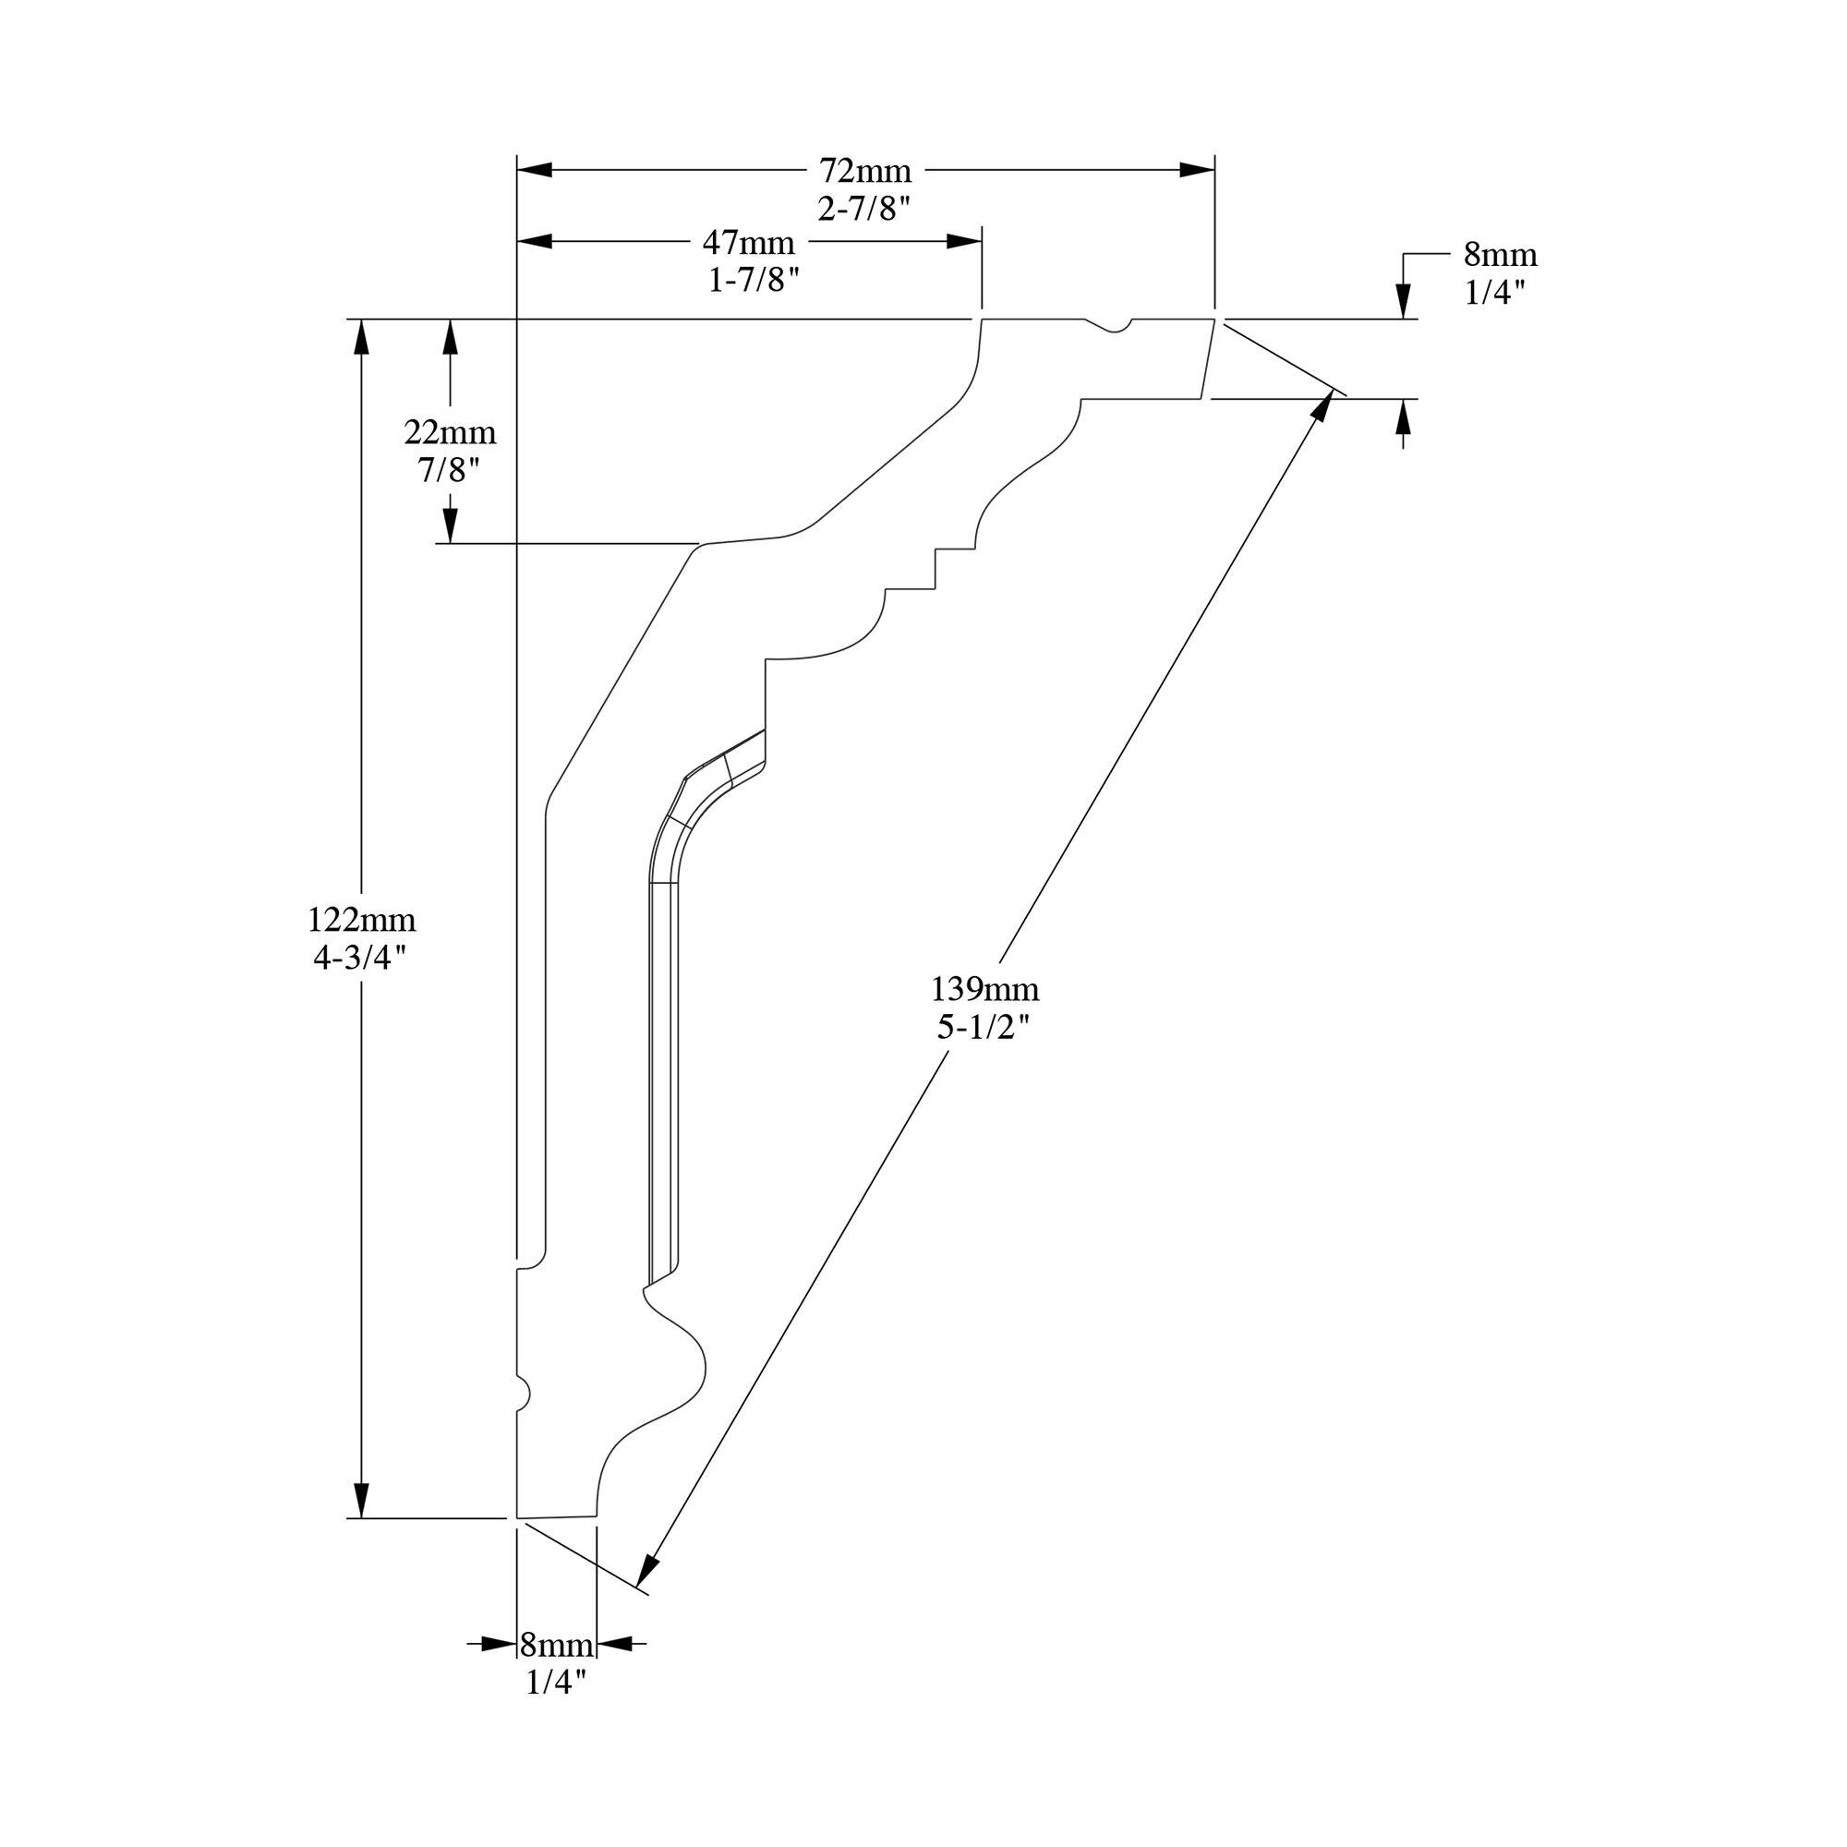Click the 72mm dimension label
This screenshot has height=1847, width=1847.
coord(865,171)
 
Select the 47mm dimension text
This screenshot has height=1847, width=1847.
coord(749,243)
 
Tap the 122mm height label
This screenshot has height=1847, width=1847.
coord(361,921)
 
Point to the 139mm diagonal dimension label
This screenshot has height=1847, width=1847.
coord(985,987)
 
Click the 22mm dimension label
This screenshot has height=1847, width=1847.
coord(451,433)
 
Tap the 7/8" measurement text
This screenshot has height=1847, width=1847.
coord(449,471)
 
